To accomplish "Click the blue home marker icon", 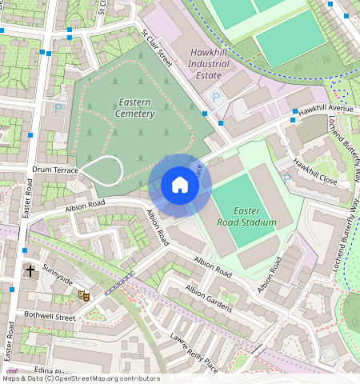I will coord(180,186).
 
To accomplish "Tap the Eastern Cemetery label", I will coord(135,108).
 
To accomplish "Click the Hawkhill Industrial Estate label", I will coord(209,63).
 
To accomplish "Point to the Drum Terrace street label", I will coord(56,171).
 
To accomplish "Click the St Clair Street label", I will coord(158,47).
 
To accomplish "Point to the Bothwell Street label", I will coord(49,318).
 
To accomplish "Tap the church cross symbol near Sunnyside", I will coord(30,271).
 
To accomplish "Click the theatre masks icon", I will coord(82,295).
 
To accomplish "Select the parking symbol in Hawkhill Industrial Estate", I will coord(214,98).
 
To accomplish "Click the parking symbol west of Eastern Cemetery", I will coord(58,107).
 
